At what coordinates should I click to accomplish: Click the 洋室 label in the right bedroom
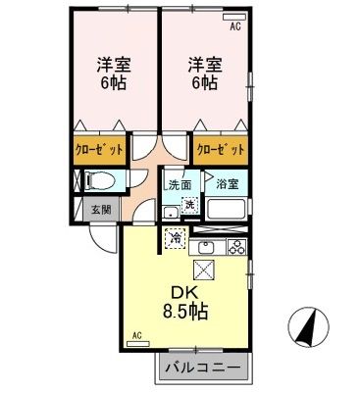click(205, 66)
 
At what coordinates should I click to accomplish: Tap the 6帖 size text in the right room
click(205, 84)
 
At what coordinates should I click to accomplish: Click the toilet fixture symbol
click(98, 181)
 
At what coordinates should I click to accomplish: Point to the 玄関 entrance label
click(102, 208)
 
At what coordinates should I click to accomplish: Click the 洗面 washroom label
click(178, 184)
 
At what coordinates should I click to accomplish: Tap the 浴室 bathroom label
click(228, 184)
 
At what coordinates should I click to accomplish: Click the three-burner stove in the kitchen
click(236, 246)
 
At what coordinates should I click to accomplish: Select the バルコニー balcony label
click(204, 368)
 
